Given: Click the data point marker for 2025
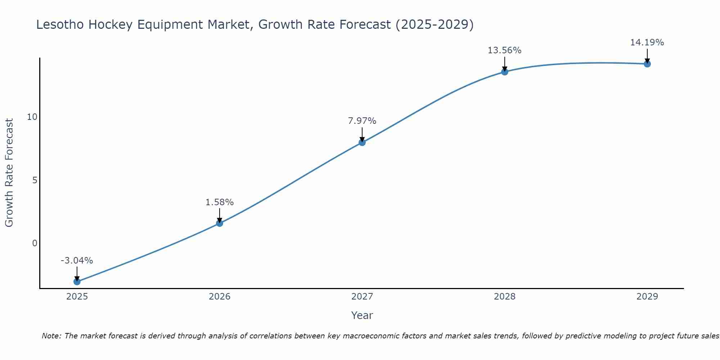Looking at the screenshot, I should pyautogui.click(x=77, y=282).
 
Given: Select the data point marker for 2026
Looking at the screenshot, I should pyautogui.click(x=220, y=223).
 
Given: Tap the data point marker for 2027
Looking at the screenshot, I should pyautogui.click(x=362, y=143).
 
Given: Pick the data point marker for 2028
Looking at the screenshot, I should pyautogui.click(x=505, y=72).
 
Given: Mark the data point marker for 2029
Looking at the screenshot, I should pyautogui.click(x=647, y=64).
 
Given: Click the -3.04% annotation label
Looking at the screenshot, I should pyautogui.click(x=77, y=260).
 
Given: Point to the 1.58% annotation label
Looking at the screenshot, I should pyautogui.click(x=220, y=202).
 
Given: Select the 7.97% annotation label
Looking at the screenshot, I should pyautogui.click(x=362, y=121).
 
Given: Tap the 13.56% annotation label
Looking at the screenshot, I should pyautogui.click(x=505, y=50).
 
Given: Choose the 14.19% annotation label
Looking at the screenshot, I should pyautogui.click(x=647, y=42).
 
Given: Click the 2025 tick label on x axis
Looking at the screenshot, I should pyautogui.click(x=77, y=297).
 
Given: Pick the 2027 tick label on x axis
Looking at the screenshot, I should pyautogui.click(x=362, y=297).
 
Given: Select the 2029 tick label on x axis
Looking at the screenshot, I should pyautogui.click(x=647, y=297).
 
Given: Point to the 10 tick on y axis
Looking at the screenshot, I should pyautogui.click(x=32, y=117).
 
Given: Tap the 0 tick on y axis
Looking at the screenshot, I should pyautogui.click(x=35, y=243).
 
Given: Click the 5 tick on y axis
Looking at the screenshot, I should pyautogui.click(x=35, y=180).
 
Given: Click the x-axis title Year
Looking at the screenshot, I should pyautogui.click(x=362, y=315).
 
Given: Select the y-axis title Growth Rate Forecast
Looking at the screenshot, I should pyautogui.click(x=9, y=173).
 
